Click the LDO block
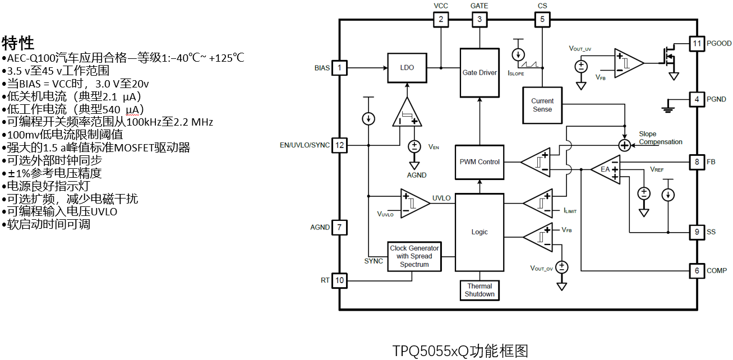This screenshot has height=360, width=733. (x=407, y=68)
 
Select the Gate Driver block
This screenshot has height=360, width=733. (x=480, y=72)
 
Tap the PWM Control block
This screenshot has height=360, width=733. (x=480, y=162)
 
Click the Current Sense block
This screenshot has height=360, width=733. (x=542, y=105)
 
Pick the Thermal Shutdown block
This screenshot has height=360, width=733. (x=480, y=290)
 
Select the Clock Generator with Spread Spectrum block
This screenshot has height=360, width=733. (x=414, y=256)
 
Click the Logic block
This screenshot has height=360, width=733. (x=480, y=232)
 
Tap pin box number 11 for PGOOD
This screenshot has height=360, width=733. (x=697, y=43)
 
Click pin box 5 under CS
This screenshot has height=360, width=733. (x=542, y=20)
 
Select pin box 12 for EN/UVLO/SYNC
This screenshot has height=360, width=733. (x=339, y=145)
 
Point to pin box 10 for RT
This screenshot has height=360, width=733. (x=339, y=280)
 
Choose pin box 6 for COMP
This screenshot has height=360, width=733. (x=697, y=271)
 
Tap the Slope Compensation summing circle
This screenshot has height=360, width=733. (x=624, y=145)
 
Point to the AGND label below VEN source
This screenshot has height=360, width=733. (x=416, y=175)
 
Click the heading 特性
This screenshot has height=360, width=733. (x=18, y=43)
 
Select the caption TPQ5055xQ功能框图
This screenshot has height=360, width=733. (x=460, y=351)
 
